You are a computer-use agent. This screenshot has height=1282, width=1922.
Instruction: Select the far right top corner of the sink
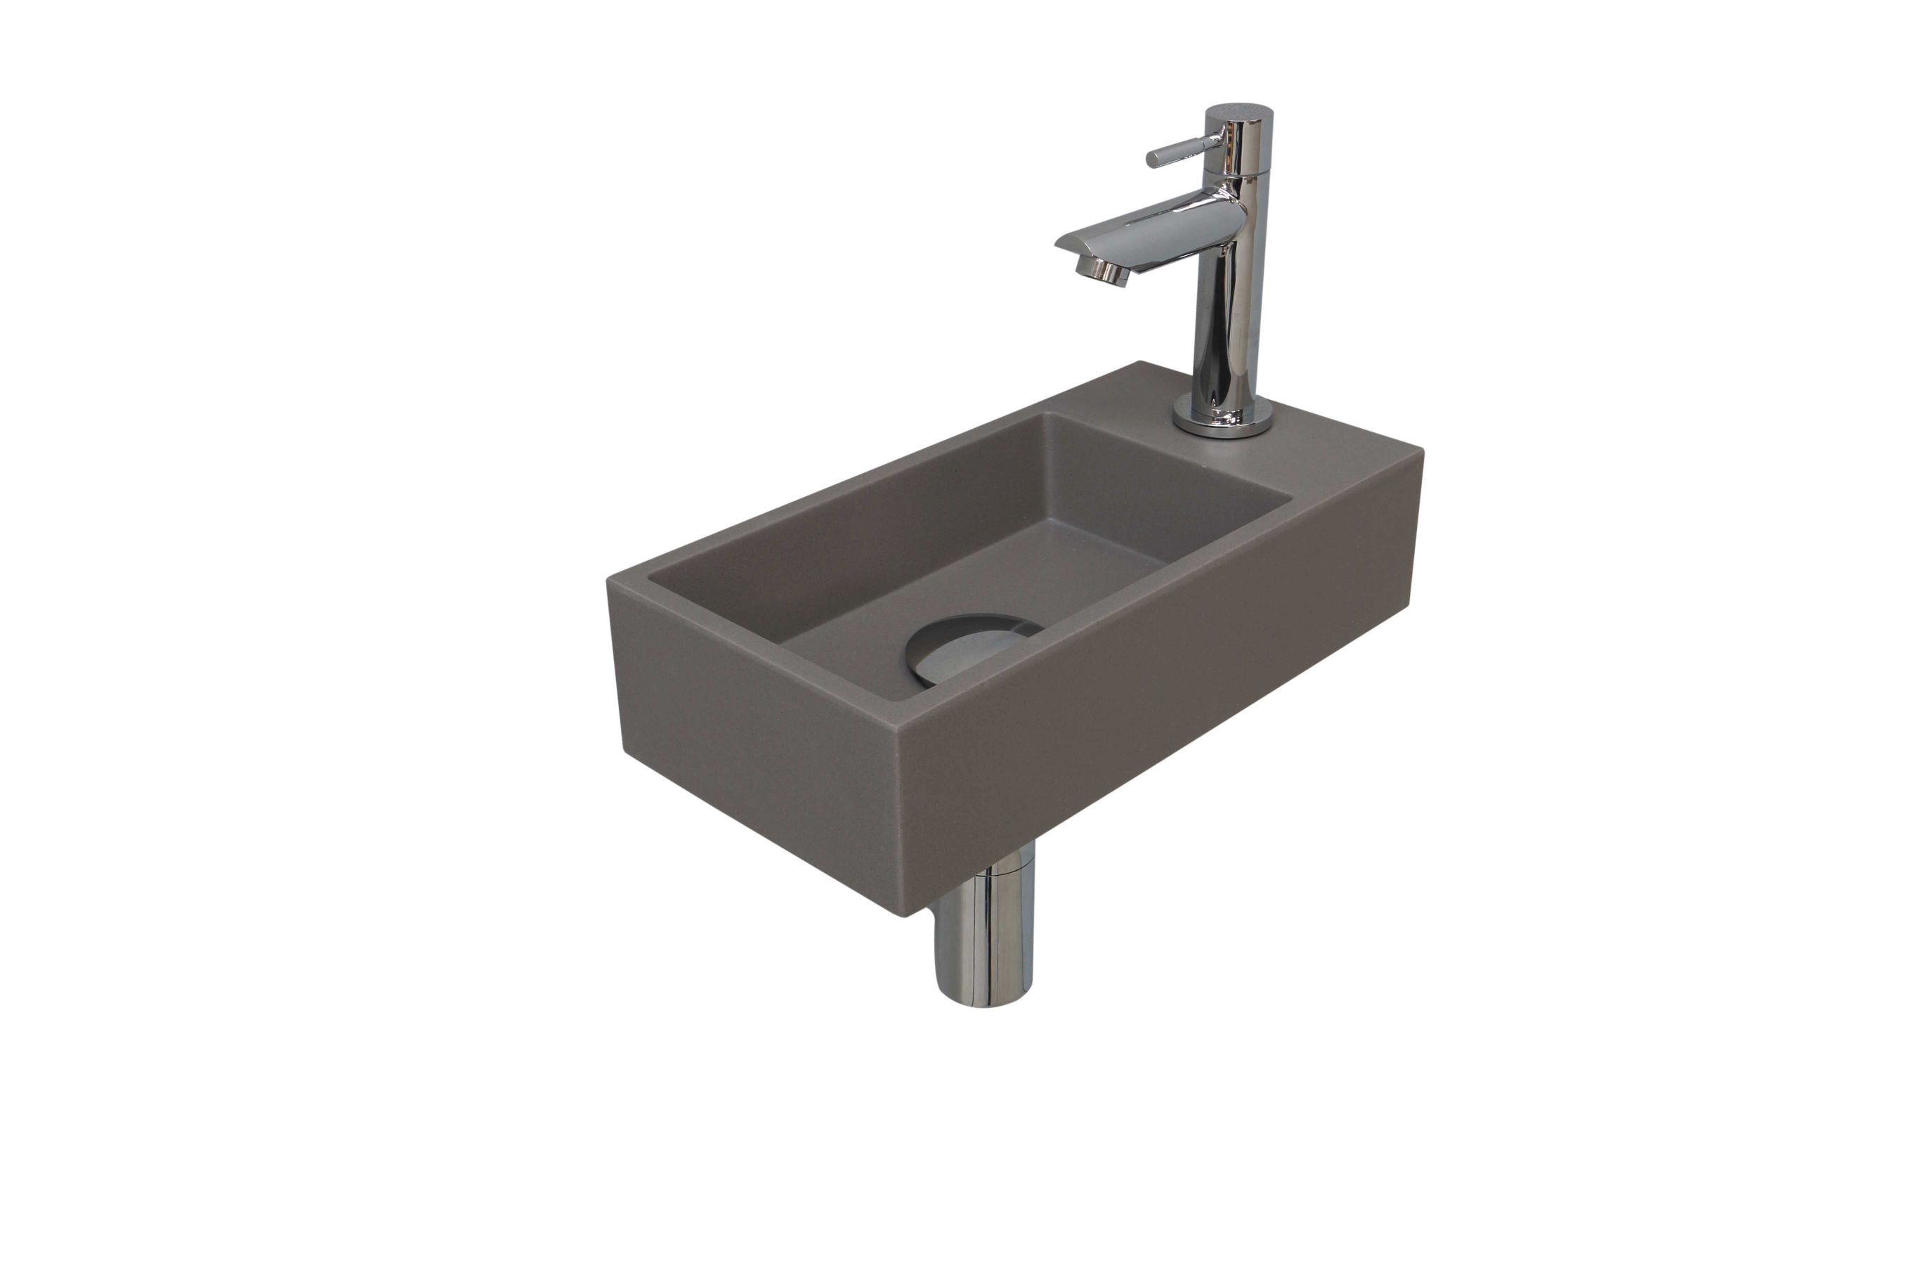coord(1422,452)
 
